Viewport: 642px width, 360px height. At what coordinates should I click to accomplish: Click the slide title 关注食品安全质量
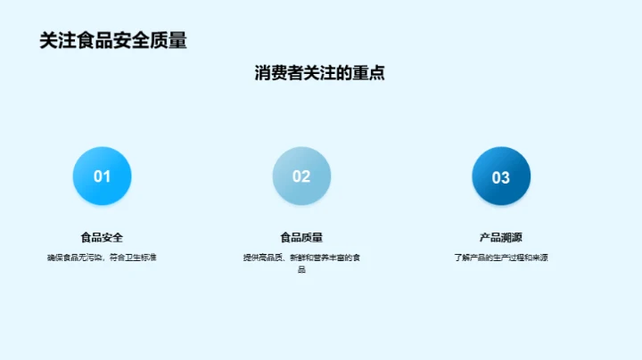pyautogui.click(x=113, y=41)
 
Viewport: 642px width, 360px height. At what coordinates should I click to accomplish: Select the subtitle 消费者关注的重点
pyautogui.click(x=320, y=74)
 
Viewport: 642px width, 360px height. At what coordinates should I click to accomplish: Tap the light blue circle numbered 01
pyautogui.click(x=102, y=176)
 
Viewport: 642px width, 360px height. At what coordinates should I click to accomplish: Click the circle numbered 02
pyautogui.click(x=301, y=176)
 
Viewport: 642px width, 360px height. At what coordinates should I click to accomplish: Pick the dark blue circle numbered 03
pyautogui.click(x=501, y=176)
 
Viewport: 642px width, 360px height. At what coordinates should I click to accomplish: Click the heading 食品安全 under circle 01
pyautogui.click(x=102, y=238)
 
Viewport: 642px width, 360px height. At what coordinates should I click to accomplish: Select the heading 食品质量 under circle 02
pyautogui.click(x=301, y=238)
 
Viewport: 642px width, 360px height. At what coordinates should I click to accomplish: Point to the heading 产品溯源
pyautogui.click(x=501, y=238)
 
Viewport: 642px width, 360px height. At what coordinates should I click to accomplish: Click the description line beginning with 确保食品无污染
pyautogui.click(x=102, y=258)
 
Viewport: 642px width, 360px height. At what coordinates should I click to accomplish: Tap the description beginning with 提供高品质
pyautogui.click(x=301, y=258)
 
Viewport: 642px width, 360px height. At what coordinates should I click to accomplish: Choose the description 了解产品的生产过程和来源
pyautogui.click(x=501, y=258)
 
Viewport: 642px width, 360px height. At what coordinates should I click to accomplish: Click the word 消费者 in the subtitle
pyautogui.click(x=275, y=74)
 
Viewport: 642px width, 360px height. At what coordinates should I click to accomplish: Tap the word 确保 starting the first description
pyautogui.click(x=54, y=258)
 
